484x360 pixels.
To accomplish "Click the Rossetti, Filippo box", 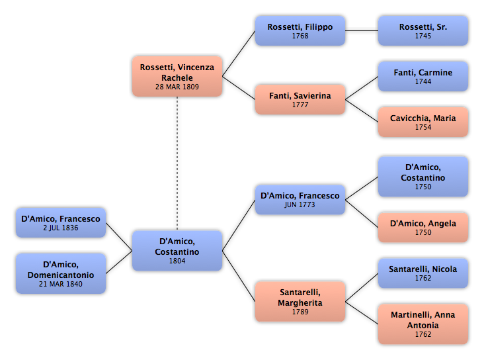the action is tap(300, 31).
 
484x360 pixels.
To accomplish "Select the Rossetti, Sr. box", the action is tap(423, 31).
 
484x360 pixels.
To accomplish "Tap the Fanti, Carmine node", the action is tap(423, 76).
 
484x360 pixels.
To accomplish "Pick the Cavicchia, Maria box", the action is tap(423, 122).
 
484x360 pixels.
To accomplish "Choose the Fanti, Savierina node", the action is tap(300, 99).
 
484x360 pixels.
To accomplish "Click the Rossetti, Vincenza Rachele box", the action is tap(177, 76).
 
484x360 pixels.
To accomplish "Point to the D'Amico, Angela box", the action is tap(423, 228).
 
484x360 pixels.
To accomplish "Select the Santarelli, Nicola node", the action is tap(423, 273).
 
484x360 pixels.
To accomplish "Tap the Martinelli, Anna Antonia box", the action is tap(423, 324).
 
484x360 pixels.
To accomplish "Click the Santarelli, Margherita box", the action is tap(300, 302).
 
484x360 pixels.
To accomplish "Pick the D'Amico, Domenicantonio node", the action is tap(61, 273).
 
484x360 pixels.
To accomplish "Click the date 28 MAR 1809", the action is tap(177, 87).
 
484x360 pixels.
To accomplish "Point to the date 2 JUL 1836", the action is tap(61, 228).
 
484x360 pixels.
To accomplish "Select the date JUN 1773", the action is tap(300, 204).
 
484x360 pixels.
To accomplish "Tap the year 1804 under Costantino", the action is tap(177, 261).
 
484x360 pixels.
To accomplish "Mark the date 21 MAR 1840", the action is tap(61, 284).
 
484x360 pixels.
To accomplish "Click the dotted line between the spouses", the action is tap(177, 163).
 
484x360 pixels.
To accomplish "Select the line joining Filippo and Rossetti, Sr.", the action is tap(362, 31).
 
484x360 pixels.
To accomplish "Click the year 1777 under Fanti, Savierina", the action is tap(300, 105).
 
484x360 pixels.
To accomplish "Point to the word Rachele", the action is tap(177, 78).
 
